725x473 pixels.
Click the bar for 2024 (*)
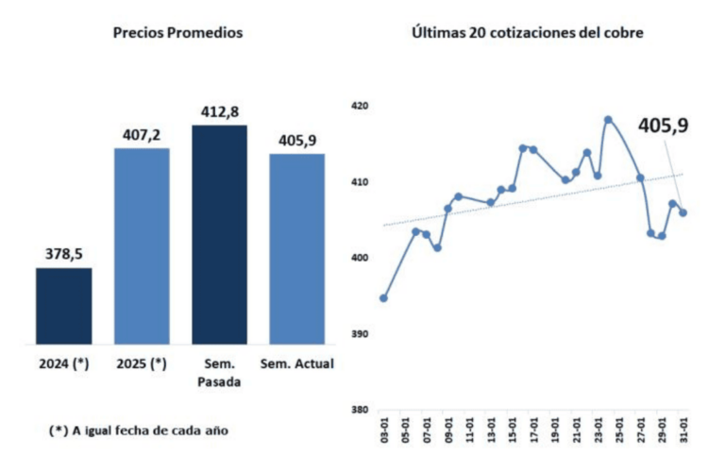click(64, 306)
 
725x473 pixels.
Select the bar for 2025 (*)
click(142, 245)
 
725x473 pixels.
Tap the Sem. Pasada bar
click(219, 234)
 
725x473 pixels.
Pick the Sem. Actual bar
click(296, 248)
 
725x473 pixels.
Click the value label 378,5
click(64, 254)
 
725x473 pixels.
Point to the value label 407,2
click(142, 134)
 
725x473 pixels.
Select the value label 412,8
click(219, 111)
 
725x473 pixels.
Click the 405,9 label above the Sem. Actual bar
click(296, 140)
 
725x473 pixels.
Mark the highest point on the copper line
click(608, 120)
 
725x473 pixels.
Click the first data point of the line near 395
click(383, 298)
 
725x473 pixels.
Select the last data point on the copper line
click(683, 212)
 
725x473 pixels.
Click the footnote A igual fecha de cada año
click(139, 430)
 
